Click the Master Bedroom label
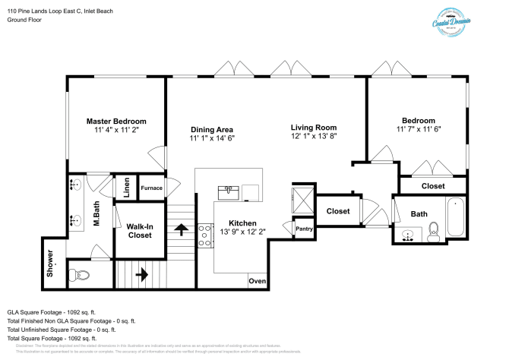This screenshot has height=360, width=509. pyautogui.click(x=115, y=121)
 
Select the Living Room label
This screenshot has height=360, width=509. pyautogui.click(x=314, y=127)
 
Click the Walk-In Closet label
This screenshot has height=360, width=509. pyautogui.click(x=139, y=231)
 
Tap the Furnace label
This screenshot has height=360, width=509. pyautogui.click(x=151, y=188)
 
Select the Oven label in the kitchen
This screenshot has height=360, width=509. pyautogui.click(x=257, y=282)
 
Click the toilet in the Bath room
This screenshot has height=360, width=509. pyautogui.click(x=434, y=231)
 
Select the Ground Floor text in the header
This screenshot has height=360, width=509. pyautogui.click(x=24, y=20)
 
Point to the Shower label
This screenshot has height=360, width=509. pyautogui.click(x=51, y=258)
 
